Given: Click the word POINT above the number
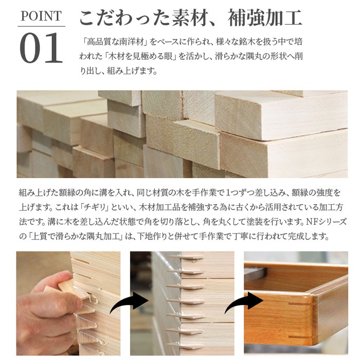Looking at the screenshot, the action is (x=41, y=16).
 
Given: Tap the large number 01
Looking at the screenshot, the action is (x=41, y=48).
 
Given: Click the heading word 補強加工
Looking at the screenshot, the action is (x=265, y=17).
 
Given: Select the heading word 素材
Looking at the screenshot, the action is (x=190, y=17).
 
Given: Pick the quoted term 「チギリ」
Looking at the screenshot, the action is (x=95, y=207).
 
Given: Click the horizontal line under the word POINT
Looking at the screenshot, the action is (x=41, y=26).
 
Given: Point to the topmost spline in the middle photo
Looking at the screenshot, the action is (x=186, y=258).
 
